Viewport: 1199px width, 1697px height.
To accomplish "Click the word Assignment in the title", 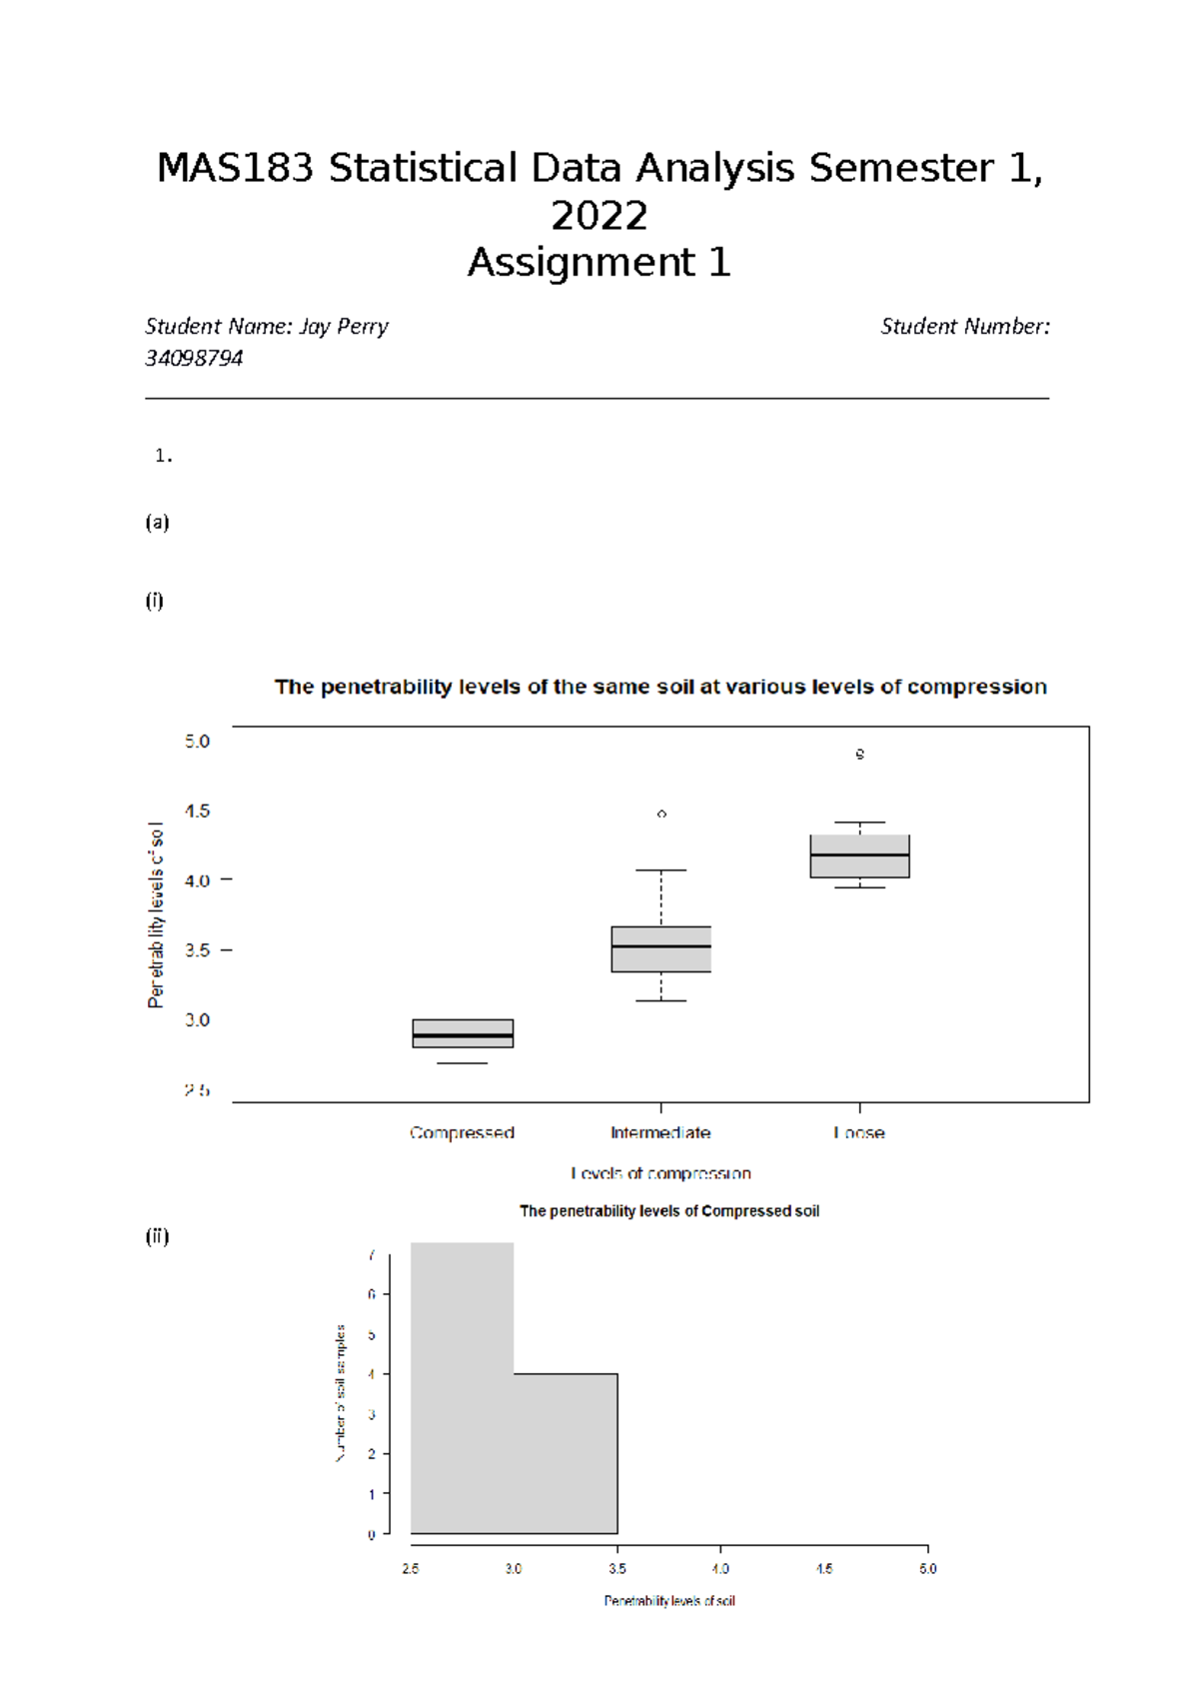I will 583,263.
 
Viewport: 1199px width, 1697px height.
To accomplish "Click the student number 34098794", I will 194,359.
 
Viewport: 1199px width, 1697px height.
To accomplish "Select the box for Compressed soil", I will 463,1032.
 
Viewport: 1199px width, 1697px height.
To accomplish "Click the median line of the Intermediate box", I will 660,945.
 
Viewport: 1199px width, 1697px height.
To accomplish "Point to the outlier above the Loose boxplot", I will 859,754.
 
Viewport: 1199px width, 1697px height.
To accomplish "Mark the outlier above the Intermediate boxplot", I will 661,815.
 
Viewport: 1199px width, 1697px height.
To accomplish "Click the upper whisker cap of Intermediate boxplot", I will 660,870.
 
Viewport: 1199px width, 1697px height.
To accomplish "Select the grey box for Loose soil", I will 859,856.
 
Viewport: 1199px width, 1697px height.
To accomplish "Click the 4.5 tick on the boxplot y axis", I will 198,812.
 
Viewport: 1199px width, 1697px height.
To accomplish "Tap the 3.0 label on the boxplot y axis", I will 198,1020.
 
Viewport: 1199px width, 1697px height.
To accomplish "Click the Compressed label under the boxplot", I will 462,1132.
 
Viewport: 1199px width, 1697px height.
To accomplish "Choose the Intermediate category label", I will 660,1132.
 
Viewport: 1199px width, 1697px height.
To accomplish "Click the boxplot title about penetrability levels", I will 660,687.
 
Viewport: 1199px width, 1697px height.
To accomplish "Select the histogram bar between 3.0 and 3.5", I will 566,1453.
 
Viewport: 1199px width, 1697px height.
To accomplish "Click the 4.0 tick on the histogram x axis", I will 720,1568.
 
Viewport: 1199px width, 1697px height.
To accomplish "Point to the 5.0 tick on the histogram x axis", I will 927,1568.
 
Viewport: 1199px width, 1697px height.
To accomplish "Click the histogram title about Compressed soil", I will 668,1211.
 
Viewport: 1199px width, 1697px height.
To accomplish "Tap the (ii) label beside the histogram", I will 157,1236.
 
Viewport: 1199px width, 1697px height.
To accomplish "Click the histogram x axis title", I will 668,1601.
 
